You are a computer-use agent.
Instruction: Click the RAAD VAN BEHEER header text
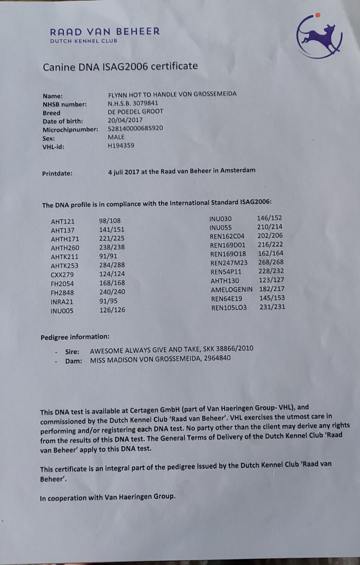tap(105, 31)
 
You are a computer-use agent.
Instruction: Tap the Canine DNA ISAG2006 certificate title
tap(120, 66)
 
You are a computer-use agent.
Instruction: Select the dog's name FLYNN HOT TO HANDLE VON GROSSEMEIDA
tap(172, 95)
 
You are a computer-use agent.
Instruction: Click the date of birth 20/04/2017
tap(125, 120)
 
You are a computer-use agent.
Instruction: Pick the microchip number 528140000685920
tap(135, 128)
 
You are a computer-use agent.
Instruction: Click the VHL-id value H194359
tap(121, 146)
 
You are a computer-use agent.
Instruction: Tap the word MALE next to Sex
tap(116, 137)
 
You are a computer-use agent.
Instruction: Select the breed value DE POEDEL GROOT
tap(135, 112)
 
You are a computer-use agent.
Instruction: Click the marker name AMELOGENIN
tap(231, 290)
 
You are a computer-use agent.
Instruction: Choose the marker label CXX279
tap(63, 274)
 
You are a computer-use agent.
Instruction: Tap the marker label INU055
tap(221, 227)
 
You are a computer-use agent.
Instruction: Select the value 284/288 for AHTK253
tap(112, 265)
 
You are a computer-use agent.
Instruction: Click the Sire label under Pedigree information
tap(72, 351)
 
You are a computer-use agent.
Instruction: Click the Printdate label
tap(57, 173)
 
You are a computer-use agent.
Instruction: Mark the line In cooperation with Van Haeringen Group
tap(107, 497)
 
